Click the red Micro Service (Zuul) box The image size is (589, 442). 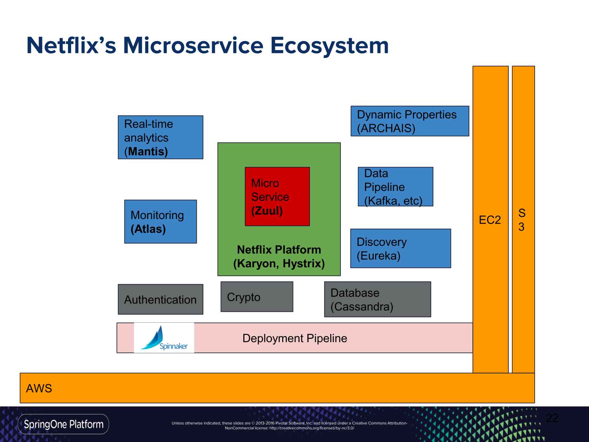click(x=277, y=196)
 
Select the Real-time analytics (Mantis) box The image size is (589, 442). click(x=160, y=137)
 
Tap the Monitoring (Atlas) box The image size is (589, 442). click(x=160, y=221)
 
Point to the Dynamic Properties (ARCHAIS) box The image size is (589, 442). click(x=409, y=121)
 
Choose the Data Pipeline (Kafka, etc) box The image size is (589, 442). click(x=395, y=187)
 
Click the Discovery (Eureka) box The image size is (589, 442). click(x=400, y=248)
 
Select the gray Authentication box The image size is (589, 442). click(x=160, y=299)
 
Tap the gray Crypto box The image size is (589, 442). click(x=257, y=297)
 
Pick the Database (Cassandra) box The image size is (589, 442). click(x=377, y=299)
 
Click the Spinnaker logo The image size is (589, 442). click(x=164, y=338)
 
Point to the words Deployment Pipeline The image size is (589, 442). click(x=294, y=338)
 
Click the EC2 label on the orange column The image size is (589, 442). click(x=490, y=220)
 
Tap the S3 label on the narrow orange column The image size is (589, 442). click(x=522, y=220)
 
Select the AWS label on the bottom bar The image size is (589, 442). click(x=39, y=388)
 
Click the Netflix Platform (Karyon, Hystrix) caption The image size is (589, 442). click(x=279, y=256)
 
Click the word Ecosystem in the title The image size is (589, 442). click(x=329, y=46)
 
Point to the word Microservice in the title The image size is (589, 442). click(x=193, y=46)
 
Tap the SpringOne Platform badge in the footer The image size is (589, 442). click(x=63, y=424)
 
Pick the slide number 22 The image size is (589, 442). click(x=552, y=418)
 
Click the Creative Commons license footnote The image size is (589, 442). click(x=289, y=426)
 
